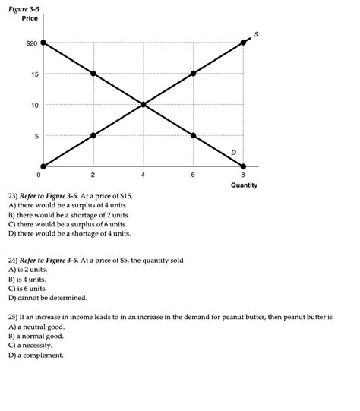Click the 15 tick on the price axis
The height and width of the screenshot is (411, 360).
[x=35, y=74]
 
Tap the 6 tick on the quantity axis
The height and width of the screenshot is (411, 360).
[x=193, y=175]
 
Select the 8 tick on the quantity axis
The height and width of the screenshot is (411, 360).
[x=243, y=175]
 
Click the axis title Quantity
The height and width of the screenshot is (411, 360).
[x=244, y=185]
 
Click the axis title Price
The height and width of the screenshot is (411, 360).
[x=30, y=18]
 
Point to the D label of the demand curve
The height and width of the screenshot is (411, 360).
[x=233, y=153]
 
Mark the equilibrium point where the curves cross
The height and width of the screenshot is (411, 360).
[x=144, y=104]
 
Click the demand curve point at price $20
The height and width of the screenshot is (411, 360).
[x=44, y=43]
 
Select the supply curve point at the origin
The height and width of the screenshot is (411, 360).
[x=44, y=166]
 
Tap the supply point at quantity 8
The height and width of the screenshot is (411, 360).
[x=243, y=43]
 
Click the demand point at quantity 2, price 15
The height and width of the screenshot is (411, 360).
[x=93, y=74]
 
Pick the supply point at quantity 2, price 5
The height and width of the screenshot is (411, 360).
[x=93, y=135]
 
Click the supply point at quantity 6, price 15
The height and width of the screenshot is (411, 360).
[x=194, y=74]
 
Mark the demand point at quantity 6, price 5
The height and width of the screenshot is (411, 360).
[x=194, y=135]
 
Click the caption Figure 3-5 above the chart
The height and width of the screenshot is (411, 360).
[x=24, y=8]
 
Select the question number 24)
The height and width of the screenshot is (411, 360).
[x=13, y=260]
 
